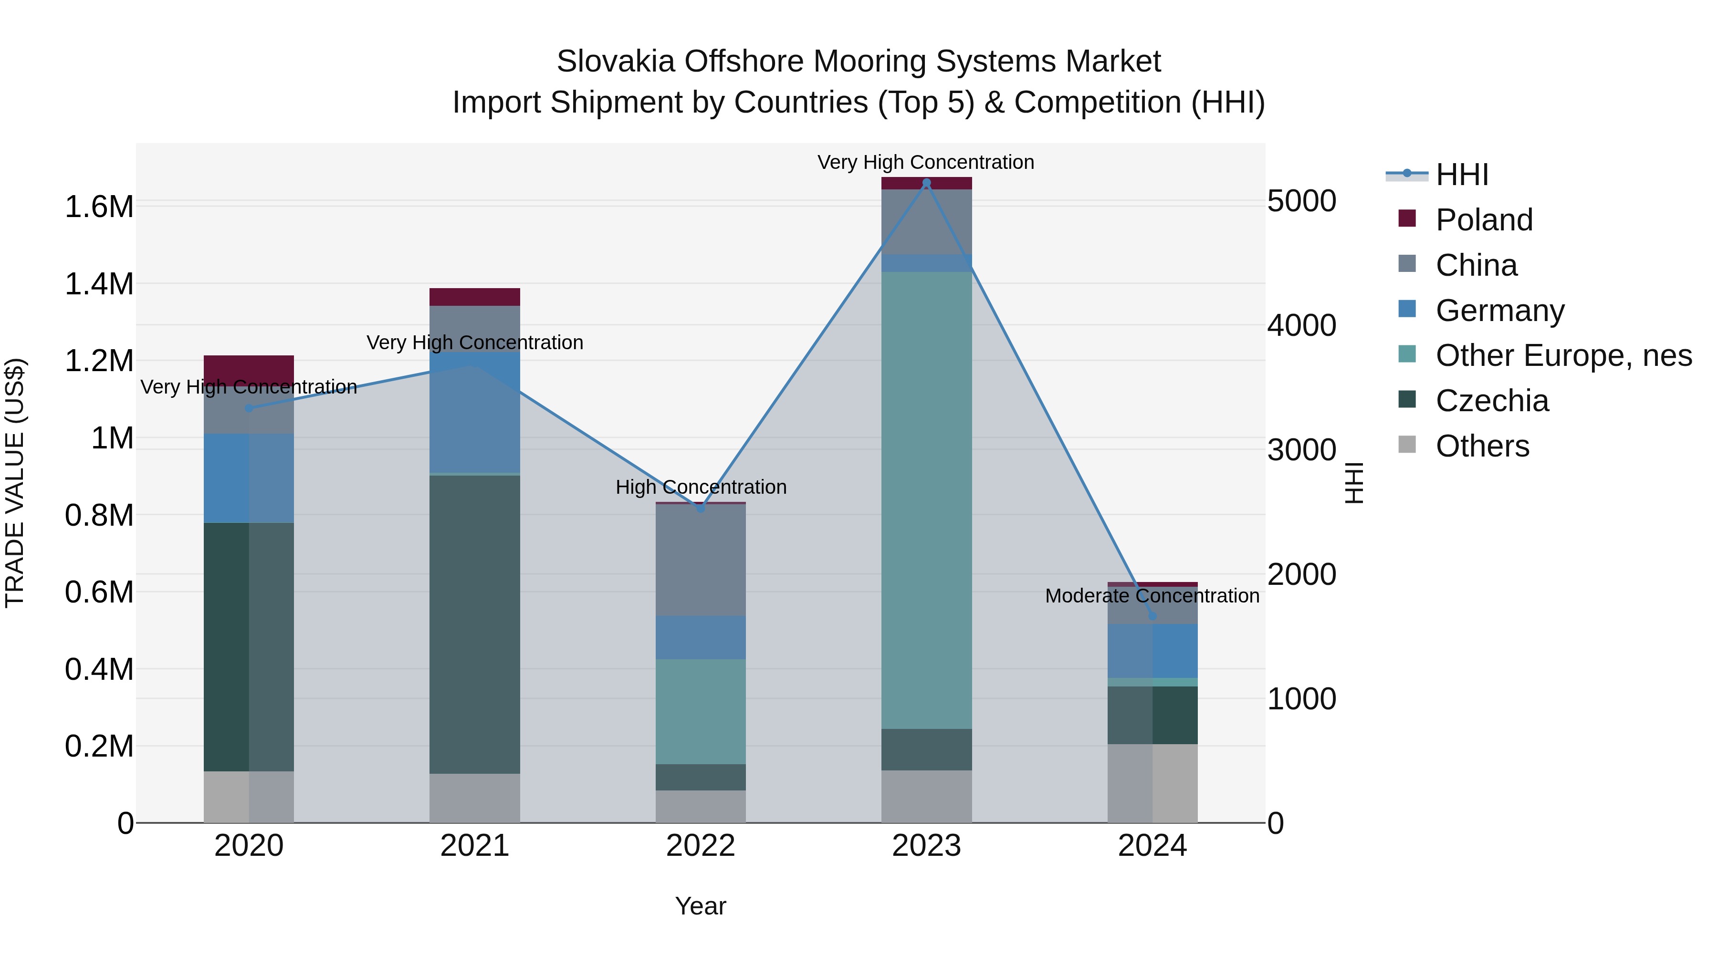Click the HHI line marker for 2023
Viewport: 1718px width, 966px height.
coord(926,183)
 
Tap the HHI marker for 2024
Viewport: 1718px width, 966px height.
coord(1152,616)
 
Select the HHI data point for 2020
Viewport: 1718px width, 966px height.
coord(249,408)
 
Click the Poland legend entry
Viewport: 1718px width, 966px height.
coord(1483,220)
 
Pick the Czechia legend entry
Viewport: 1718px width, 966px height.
coord(1491,401)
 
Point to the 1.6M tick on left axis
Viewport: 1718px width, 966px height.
coord(99,207)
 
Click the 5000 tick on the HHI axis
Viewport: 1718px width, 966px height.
coord(1301,201)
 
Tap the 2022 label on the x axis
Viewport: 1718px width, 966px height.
coord(700,846)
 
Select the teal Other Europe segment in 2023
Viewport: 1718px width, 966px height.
coord(926,500)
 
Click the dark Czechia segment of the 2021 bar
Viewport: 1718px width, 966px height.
coord(474,623)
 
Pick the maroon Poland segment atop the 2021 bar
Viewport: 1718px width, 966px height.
coord(474,297)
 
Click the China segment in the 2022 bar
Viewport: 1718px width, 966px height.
coord(700,560)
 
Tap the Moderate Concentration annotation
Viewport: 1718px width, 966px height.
coord(1152,596)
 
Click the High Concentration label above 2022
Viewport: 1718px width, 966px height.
coord(700,488)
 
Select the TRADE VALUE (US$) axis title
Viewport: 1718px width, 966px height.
coord(15,483)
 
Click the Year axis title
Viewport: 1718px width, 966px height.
coord(700,906)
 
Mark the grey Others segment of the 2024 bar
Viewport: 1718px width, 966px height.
coord(1152,783)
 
